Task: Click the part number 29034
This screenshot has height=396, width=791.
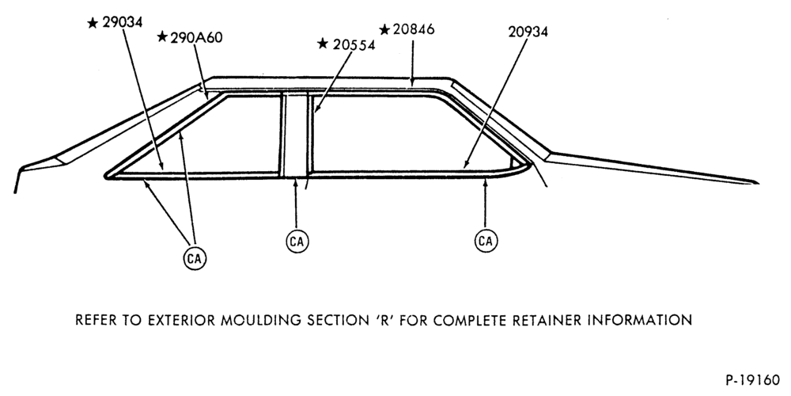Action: (122, 23)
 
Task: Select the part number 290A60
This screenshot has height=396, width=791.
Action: (196, 38)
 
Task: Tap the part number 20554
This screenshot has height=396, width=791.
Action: (354, 45)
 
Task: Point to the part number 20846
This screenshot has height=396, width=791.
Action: (414, 30)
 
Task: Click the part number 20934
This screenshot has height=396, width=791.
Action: (528, 32)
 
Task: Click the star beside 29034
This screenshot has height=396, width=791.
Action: (93, 23)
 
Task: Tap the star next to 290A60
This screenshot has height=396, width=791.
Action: (162, 36)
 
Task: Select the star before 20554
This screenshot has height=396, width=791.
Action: (323, 44)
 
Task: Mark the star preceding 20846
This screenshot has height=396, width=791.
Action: (384, 30)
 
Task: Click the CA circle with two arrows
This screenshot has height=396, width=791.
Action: (195, 259)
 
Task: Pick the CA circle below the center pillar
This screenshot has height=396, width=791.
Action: (297, 242)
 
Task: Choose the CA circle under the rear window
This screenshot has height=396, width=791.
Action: (486, 241)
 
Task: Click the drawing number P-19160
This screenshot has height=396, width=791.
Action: (753, 379)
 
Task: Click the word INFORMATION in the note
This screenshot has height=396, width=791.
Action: (642, 320)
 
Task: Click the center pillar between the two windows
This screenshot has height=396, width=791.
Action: (296, 135)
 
